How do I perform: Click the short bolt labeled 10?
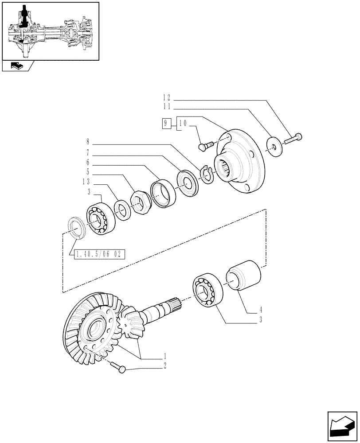tap(206, 145)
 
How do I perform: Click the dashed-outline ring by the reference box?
tap(76, 229)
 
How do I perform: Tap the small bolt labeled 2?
tap(119, 366)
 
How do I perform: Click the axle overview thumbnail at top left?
tap(50, 31)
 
